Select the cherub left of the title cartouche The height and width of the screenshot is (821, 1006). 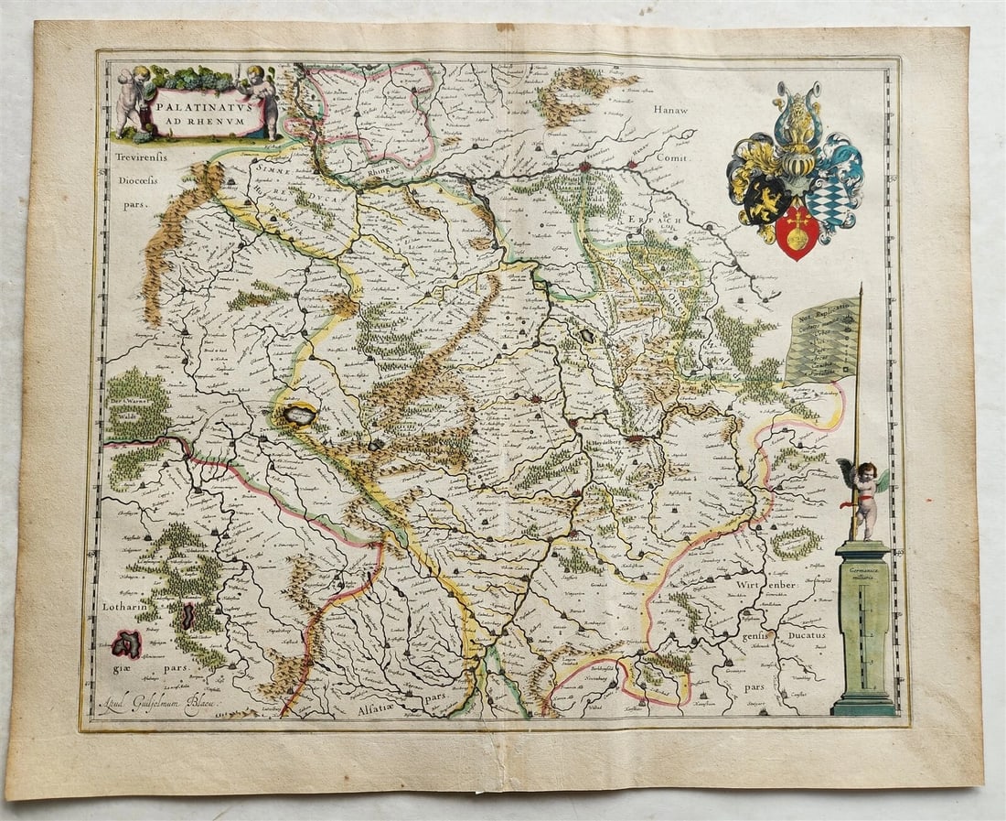click(132, 99)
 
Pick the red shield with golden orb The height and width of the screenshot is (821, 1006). click(797, 232)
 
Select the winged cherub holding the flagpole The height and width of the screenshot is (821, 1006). click(863, 495)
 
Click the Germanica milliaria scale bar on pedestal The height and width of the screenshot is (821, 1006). click(863, 632)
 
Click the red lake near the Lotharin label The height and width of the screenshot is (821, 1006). click(126, 643)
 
